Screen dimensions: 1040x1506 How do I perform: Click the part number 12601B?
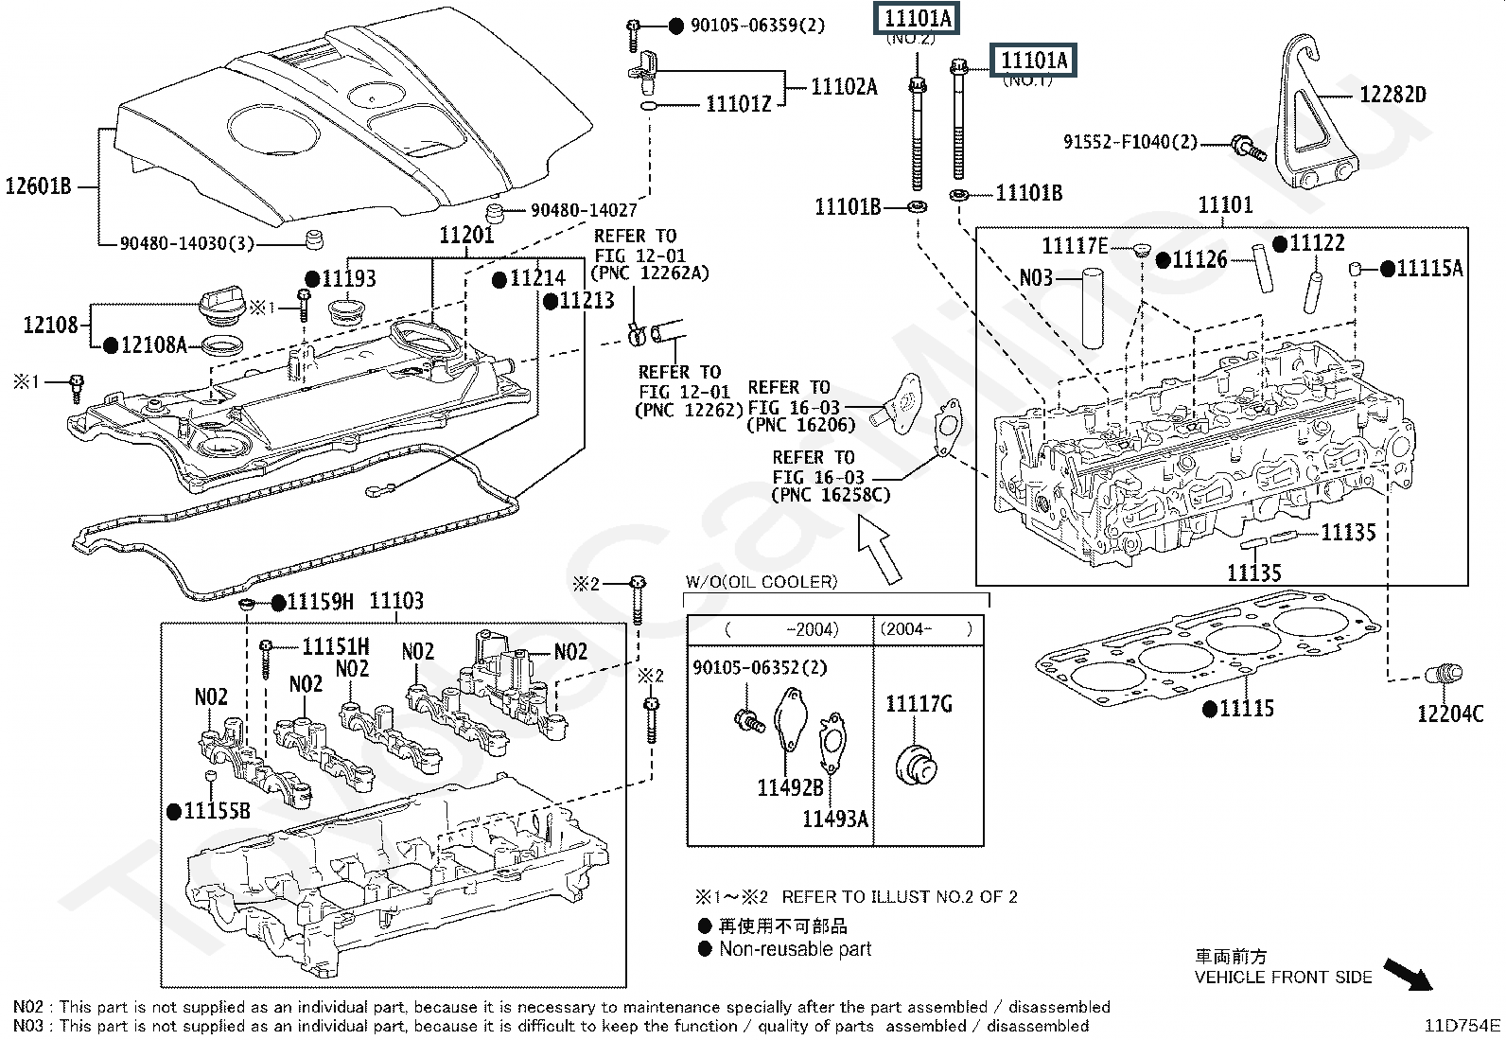(39, 185)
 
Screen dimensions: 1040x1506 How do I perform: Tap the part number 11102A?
(844, 87)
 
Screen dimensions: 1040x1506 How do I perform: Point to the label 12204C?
(1450, 714)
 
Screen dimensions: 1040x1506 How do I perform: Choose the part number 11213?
(587, 301)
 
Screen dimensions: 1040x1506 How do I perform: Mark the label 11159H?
(320, 602)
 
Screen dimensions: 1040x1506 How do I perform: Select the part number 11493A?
(834, 819)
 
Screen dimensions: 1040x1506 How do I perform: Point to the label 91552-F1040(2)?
(1129, 142)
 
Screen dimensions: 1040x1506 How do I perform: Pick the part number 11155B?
(217, 811)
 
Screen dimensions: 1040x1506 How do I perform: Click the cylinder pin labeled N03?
(1094, 308)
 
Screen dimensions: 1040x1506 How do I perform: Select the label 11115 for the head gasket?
(1247, 708)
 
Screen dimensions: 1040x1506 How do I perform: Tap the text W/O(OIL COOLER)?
(762, 582)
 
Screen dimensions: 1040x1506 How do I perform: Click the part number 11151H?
(336, 646)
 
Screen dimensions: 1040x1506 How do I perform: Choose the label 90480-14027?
(584, 210)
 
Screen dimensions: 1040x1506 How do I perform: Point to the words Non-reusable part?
(795, 949)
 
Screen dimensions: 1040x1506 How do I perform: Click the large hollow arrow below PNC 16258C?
(881, 554)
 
